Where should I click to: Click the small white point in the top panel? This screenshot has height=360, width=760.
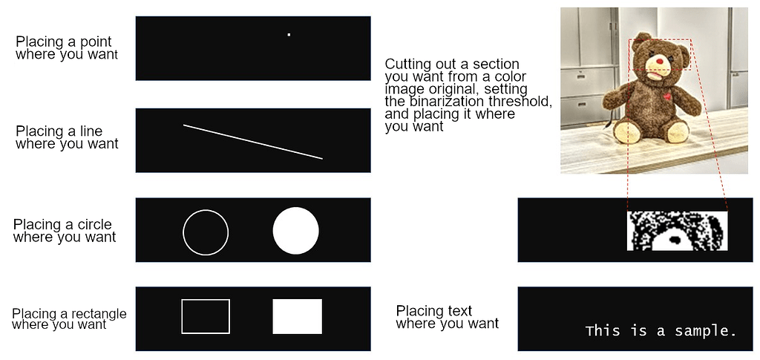point(289,34)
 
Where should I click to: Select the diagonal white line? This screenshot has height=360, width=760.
point(252,141)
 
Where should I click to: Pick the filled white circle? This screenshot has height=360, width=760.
point(295,231)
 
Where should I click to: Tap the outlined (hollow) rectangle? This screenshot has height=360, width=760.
point(206,316)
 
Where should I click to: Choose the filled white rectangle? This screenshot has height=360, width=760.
point(297,316)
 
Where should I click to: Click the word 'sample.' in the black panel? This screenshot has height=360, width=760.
point(705,331)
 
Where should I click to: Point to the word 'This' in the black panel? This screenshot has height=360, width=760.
point(601,330)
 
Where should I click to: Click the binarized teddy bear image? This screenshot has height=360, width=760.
point(677,231)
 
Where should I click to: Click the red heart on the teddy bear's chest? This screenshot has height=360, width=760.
point(668,96)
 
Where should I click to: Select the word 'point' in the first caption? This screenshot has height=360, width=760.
point(95,42)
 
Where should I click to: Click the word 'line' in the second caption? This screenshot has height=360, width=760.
point(91,131)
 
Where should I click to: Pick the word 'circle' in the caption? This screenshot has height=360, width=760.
point(94,225)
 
